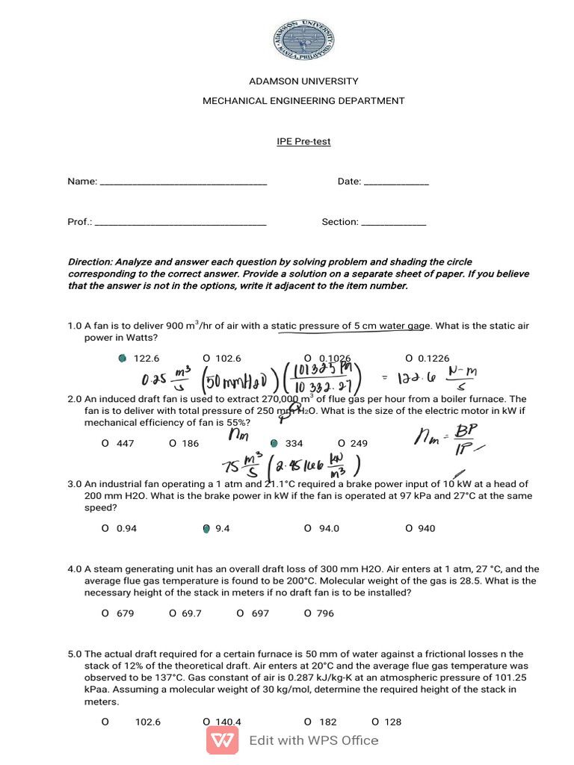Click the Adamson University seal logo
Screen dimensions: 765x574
303,41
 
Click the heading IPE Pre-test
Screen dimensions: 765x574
303,141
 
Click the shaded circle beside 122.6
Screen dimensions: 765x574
122,359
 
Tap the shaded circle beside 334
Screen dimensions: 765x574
274,444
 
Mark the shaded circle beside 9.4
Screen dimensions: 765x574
206,529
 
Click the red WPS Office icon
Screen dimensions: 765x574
223,740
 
